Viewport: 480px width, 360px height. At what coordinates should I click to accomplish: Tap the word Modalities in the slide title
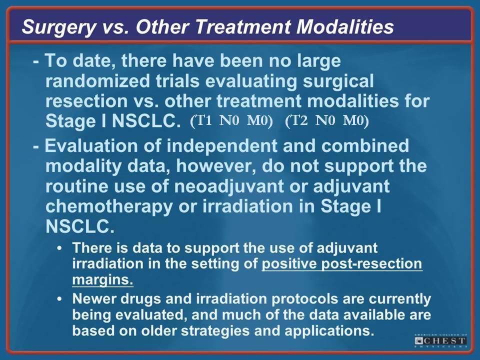345,26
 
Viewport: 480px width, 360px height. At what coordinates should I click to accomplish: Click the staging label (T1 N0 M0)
231,121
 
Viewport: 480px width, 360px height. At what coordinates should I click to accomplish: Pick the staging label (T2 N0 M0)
327,121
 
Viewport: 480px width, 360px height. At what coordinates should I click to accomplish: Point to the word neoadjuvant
229,186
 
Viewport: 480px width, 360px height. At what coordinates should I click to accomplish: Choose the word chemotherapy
109,207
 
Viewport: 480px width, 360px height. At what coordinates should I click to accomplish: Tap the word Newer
94,299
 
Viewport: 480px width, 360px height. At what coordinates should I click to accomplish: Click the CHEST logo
441,340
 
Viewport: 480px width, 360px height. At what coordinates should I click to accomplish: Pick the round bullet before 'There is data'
59,247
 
